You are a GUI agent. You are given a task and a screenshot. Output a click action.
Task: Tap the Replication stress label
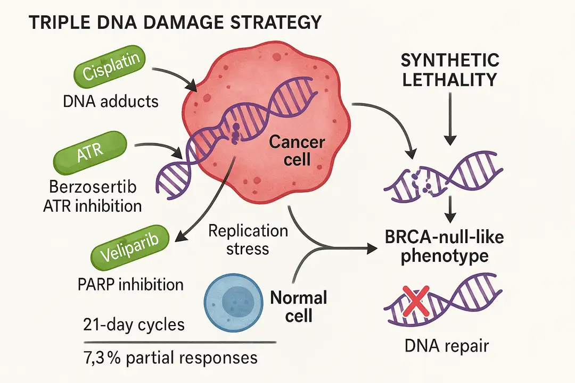pos(248,240)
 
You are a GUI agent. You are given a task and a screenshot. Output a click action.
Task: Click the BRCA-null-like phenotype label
pos(444,246)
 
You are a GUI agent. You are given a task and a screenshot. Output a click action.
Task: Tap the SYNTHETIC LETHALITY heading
pos(450,70)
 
